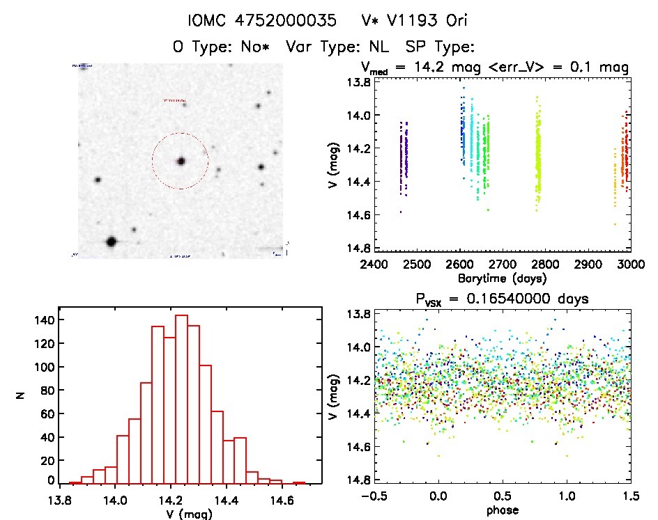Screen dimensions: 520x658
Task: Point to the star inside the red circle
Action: (x=181, y=161)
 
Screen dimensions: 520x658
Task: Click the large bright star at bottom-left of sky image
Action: (x=111, y=242)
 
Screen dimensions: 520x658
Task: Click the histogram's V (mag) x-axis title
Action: (x=181, y=514)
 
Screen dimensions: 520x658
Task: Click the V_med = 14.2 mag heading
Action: (x=495, y=68)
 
